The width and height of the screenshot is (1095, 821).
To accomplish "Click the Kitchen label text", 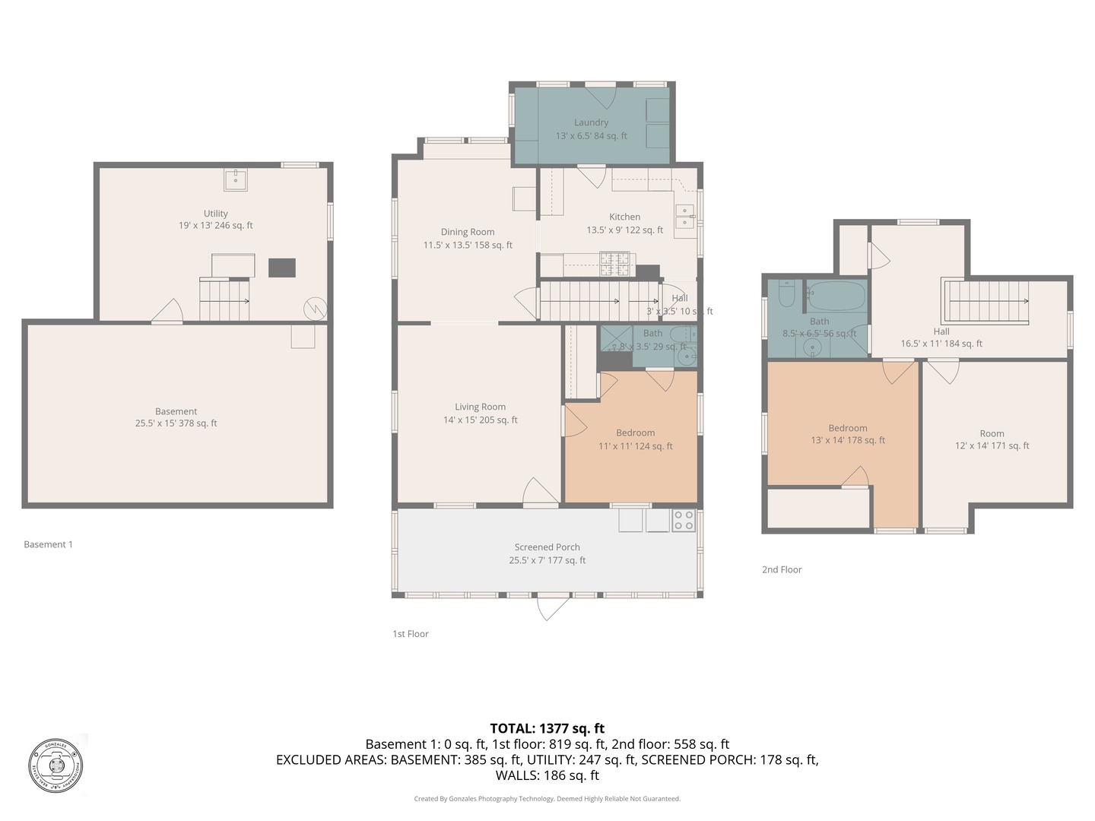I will pyautogui.click(x=624, y=217).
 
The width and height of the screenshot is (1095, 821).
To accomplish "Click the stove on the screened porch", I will pyautogui.click(x=683, y=520).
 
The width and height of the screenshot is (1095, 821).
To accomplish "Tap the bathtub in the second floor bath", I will pyautogui.click(x=836, y=296).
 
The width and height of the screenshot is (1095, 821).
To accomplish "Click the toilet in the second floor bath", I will pyautogui.click(x=786, y=293).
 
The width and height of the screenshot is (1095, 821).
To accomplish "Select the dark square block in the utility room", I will pyautogui.click(x=281, y=268).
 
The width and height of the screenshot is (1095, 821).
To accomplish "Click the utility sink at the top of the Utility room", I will pyautogui.click(x=235, y=179).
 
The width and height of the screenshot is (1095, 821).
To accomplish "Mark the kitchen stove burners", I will pyautogui.click(x=615, y=264).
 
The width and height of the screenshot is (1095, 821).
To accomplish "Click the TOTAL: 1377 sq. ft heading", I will pyautogui.click(x=547, y=728).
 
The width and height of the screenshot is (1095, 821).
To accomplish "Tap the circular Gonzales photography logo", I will pyautogui.click(x=56, y=766).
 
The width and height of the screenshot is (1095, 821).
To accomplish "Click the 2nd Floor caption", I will pyautogui.click(x=782, y=569).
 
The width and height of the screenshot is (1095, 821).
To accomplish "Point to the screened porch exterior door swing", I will pyautogui.click(x=553, y=607).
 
